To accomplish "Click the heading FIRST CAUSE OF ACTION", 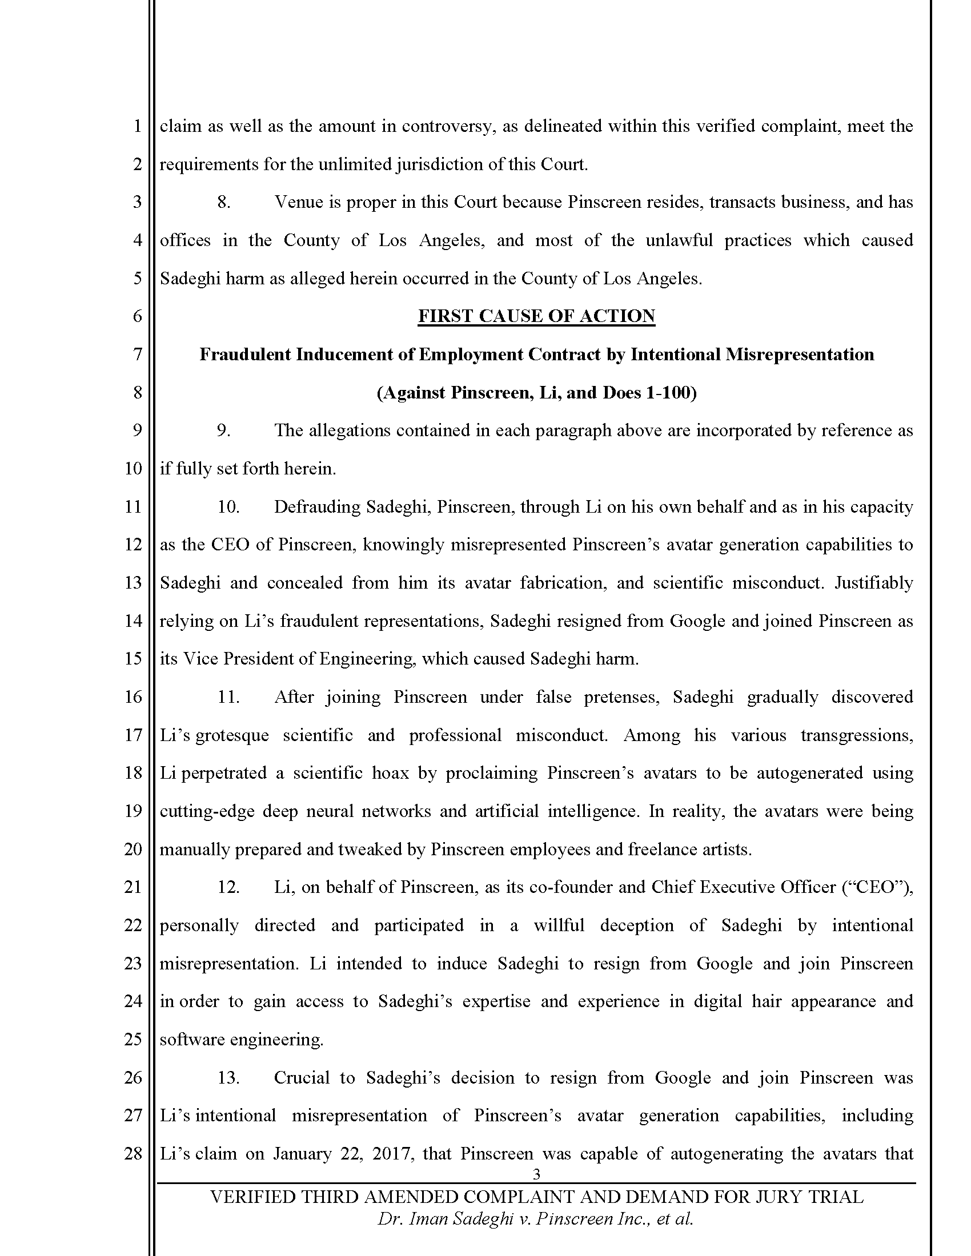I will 536,316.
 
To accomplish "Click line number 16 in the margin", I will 133,697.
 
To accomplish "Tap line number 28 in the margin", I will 133,1154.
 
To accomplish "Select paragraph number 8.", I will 224,203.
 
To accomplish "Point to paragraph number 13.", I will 228,1078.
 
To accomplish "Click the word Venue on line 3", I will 299,203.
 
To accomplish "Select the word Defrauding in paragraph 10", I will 315,506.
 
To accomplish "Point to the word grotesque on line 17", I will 232,735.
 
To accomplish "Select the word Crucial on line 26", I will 301,1078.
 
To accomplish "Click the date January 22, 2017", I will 343,1154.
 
